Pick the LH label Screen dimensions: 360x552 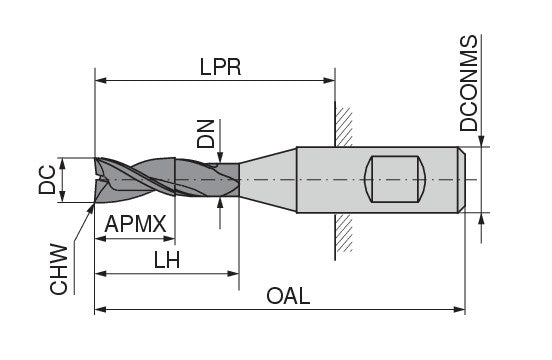(167, 258)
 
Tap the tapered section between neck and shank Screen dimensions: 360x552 (268, 180)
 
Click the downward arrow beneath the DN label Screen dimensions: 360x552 (220, 151)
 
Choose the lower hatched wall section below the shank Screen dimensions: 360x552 (343, 234)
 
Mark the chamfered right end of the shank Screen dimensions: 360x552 (462, 180)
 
